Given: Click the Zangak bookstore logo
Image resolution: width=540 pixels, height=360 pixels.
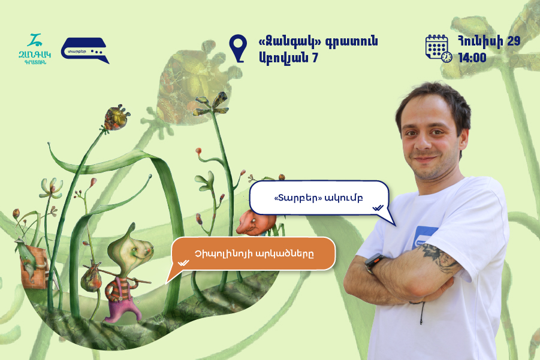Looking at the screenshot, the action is click(34, 49).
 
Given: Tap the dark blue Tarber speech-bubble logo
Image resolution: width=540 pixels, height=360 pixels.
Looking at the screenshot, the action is click(85, 50).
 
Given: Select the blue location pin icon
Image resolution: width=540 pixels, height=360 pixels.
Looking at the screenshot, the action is click(238, 48).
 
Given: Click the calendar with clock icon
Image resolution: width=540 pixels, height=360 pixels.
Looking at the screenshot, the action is click(438, 49).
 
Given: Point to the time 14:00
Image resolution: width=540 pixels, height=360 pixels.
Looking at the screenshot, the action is click(472, 58).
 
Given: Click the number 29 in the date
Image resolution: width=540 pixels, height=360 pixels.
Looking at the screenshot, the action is click(514, 41).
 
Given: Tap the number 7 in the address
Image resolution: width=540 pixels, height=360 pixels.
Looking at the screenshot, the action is click(315, 58).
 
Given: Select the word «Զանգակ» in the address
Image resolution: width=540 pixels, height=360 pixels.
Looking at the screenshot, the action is click(289, 41).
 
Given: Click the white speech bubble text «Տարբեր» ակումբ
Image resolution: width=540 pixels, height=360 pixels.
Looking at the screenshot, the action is click(318, 198).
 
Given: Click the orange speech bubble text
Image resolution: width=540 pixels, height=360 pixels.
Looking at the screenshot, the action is click(254, 254).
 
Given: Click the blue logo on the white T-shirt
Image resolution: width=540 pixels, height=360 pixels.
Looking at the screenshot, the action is click(424, 237).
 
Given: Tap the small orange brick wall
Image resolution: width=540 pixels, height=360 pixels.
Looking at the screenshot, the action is click(34, 268).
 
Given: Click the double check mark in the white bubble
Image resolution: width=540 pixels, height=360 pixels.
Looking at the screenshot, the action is click(378, 208).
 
